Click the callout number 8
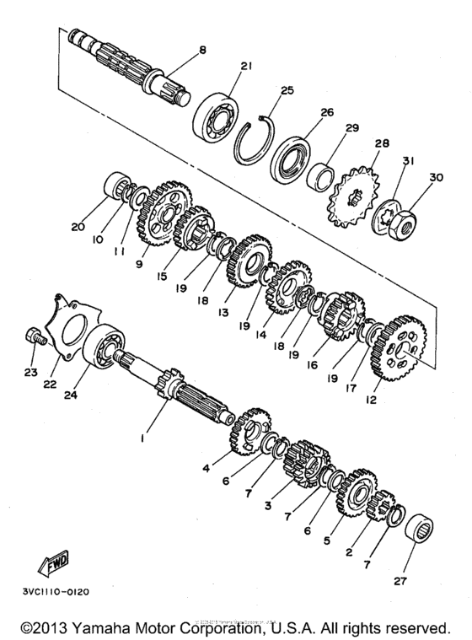[201, 51]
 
